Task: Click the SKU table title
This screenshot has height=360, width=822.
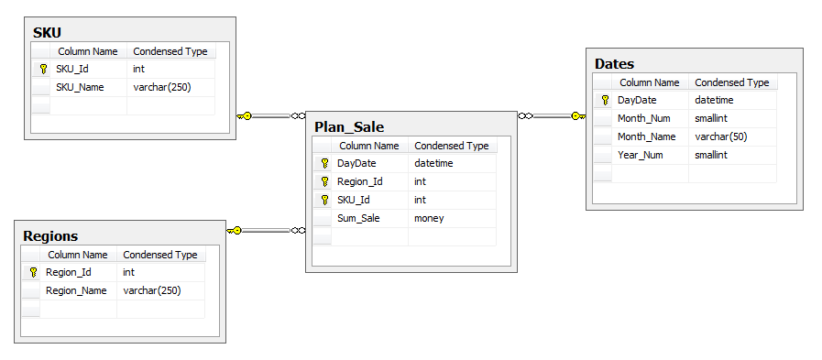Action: pos(48,33)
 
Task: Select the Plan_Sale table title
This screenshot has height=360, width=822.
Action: pos(349,127)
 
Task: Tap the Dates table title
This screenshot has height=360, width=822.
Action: pos(614,64)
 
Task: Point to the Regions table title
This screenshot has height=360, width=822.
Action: pos(50,236)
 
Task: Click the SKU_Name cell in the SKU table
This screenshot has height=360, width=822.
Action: pos(80,87)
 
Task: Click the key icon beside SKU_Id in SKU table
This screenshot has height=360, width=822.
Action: pos(42,69)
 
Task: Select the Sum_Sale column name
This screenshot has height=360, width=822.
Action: pos(358,218)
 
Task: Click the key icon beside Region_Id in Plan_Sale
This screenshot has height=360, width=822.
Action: pos(323,181)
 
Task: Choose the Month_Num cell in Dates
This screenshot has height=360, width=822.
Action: pos(643,118)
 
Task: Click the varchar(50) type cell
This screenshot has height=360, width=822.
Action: pos(722,136)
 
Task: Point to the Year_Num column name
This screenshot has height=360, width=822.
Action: pos(640,155)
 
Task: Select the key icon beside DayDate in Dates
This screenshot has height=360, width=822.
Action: pos(604,100)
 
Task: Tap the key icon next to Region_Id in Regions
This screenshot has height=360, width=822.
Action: pos(33,272)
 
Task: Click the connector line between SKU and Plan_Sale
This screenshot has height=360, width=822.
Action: pos(270,116)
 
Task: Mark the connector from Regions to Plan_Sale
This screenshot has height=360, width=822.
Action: pos(266,230)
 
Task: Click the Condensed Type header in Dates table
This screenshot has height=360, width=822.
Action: pos(731,82)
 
